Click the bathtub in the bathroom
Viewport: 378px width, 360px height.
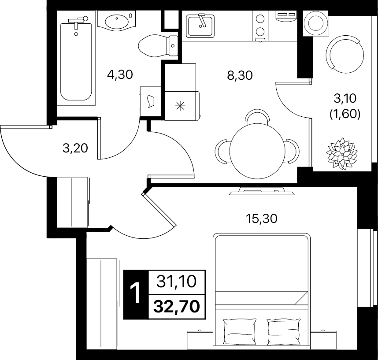coord(76,62)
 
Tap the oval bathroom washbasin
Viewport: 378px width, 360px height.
coord(117,21)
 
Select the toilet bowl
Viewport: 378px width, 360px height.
coord(158,46)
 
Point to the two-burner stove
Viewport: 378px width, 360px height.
coord(260,26)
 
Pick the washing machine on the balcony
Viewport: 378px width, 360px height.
coord(315,23)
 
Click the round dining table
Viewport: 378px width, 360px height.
coord(257,151)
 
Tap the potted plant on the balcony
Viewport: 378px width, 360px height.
coord(342,153)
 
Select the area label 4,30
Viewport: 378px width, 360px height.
coord(120,75)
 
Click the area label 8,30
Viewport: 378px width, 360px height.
coord(240,75)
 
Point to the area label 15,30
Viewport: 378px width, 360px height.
coord(262,219)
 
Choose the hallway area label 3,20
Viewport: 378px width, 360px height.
coord(75,148)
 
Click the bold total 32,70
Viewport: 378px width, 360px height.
coord(177,307)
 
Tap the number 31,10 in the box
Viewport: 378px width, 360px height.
coord(177,282)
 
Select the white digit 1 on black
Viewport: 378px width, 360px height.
coord(136,293)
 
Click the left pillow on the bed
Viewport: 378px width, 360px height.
coord(239,331)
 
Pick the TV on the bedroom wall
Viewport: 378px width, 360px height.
coord(262,192)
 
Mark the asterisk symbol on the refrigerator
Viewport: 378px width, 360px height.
coord(180,106)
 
